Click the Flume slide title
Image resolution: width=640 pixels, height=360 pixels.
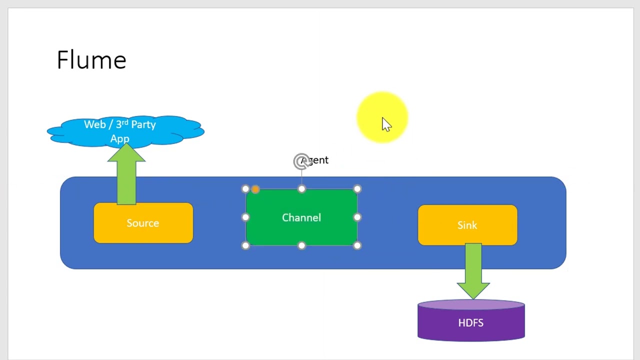91,60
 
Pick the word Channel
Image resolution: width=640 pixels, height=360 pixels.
301,217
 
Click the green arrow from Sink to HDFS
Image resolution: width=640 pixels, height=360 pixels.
473,270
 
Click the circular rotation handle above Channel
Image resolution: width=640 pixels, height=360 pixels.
301,161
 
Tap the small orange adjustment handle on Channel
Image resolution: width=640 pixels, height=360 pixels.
255,189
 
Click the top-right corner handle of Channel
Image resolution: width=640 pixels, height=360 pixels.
357,189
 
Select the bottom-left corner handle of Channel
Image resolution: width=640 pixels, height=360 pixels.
245,245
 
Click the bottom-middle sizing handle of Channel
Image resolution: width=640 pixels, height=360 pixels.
301,245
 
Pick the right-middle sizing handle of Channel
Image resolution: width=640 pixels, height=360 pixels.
357,217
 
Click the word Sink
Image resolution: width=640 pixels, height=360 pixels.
467,225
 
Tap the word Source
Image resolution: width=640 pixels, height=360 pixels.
142,223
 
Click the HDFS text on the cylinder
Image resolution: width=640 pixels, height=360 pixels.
470,323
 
